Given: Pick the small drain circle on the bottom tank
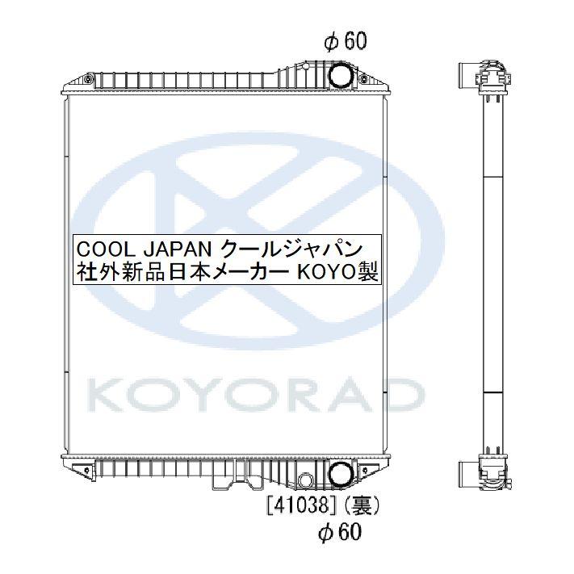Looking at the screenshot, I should click(304, 481).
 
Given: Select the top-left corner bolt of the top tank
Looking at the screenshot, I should click(68, 84).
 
